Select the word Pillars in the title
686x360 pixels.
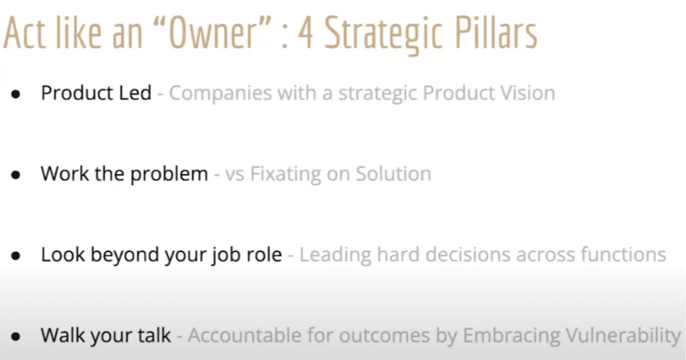pos(489,33)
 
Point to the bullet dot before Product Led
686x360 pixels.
pos(15,93)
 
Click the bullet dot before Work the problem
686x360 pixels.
pos(15,174)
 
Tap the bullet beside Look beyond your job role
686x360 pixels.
pos(15,255)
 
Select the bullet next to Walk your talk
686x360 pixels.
pos(15,336)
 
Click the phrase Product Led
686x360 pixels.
pos(96,93)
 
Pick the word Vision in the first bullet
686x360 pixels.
pos(527,93)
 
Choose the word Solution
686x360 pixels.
pos(394,174)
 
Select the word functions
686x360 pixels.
pos(622,255)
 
